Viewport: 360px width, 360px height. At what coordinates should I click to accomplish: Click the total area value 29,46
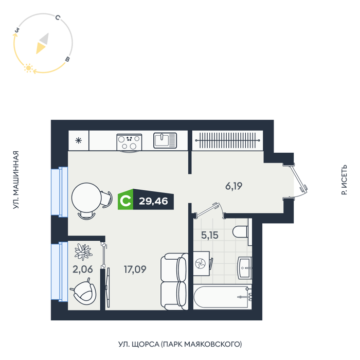tap(153, 202)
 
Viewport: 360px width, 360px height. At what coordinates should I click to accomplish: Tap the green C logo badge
tap(125, 200)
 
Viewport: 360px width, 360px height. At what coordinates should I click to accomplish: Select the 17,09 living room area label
tap(135, 269)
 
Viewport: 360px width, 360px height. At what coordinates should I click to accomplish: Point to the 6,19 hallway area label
tap(233, 186)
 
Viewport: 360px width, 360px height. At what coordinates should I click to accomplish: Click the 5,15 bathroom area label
tap(210, 235)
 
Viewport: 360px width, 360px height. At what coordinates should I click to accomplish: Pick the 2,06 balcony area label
tap(83, 269)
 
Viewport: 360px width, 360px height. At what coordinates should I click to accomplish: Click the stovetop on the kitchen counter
tap(129, 142)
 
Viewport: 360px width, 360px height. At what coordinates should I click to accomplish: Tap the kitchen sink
tap(165, 140)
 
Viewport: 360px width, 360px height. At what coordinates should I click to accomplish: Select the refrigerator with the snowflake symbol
tap(79, 140)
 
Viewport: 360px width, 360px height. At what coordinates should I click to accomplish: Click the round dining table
tap(86, 197)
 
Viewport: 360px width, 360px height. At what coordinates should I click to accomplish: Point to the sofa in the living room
tap(174, 281)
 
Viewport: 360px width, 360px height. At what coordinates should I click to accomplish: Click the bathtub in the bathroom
tap(223, 297)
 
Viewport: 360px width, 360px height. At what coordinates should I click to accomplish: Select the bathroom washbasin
tap(245, 268)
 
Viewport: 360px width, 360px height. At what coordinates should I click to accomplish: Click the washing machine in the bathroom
tap(202, 263)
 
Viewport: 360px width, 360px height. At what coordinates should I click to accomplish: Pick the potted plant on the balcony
tap(83, 251)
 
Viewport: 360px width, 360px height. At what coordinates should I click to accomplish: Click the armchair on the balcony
tap(84, 292)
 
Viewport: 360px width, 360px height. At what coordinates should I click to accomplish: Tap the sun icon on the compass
tap(28, 68)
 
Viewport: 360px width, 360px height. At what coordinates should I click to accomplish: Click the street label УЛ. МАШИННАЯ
tap(15, 180)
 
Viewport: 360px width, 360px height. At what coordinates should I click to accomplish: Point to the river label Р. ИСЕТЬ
tap(344, 180)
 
